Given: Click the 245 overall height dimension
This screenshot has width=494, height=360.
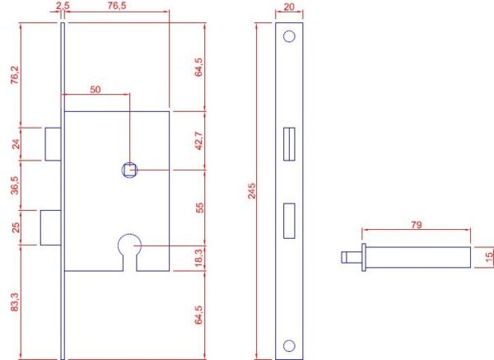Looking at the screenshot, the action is (x=252, y=191).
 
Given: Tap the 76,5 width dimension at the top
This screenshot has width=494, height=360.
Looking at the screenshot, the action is (x=116, y=6).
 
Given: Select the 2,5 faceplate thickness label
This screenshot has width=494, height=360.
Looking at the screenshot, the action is (x=63, y=6).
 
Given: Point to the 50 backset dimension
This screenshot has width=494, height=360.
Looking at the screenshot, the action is (x=96, y=90).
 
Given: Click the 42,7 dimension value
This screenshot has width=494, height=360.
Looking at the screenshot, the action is (x=199, y=140).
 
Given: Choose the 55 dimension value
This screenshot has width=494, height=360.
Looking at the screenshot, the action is (x=200, y=208).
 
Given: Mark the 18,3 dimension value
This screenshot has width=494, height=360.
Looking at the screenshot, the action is (x=199, y=258).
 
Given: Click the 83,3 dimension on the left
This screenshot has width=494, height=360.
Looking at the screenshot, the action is (x=15, y=302).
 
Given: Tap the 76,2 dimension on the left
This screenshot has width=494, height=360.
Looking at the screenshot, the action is (x=15, y=75).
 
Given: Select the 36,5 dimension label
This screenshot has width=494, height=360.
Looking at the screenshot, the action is (x=15, y=185).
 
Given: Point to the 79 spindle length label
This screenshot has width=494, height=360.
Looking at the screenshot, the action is (x=416, y=225).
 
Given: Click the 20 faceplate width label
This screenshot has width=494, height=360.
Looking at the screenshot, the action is (x=289, y=7).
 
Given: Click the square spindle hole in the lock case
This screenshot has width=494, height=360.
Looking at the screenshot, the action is (x=129, y=170).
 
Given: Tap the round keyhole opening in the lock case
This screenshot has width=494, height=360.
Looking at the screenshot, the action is (x=129, y=245).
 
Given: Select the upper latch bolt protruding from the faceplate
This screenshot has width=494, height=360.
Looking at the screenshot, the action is (x=53, y=144).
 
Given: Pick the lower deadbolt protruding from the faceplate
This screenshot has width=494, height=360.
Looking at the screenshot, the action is (x=51, y=227).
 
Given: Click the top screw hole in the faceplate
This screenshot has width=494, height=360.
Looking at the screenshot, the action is (x=289, y=36).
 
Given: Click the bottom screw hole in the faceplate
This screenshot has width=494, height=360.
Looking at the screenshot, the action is (x=289, y=346).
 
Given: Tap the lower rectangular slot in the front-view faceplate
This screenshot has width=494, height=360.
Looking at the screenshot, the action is (x=289, y=221).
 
